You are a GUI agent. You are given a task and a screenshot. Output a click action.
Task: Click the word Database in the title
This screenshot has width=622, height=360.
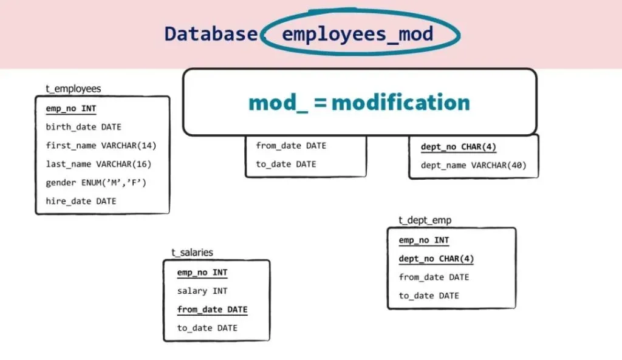click(210, 33)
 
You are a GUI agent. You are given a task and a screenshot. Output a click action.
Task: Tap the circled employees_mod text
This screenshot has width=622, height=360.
click(357, 33)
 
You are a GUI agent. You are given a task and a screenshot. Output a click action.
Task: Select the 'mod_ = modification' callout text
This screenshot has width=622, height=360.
click(359, 102)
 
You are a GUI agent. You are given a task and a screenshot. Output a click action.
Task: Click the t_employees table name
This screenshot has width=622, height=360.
click(73, 89)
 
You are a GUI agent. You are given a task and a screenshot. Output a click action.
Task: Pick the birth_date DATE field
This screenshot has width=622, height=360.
click(83, 127)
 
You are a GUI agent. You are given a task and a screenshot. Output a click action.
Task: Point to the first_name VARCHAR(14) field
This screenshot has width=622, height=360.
click(101, 145)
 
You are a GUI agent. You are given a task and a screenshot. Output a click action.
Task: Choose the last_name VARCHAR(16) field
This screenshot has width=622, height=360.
click(98, 164)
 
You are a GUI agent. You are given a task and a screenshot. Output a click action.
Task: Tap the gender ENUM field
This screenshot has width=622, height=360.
click(96, 182)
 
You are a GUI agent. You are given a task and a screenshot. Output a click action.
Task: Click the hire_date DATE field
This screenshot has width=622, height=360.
click(81, 201)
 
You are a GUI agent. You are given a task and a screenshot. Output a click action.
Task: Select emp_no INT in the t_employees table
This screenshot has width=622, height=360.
click(70, 109)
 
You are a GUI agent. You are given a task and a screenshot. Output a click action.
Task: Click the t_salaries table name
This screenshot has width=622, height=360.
click(192, 253)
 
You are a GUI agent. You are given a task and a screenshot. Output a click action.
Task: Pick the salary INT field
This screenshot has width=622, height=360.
click(202, 291)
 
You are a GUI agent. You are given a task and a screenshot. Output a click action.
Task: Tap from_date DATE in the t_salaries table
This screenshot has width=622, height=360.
click(212, 310)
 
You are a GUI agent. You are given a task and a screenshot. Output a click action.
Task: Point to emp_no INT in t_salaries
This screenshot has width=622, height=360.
click(202, 273)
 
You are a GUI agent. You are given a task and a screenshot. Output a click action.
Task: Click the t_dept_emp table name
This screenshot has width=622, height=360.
click(425, 220)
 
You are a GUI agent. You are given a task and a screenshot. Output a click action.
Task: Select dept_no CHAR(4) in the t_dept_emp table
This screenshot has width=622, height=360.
click(436, 259)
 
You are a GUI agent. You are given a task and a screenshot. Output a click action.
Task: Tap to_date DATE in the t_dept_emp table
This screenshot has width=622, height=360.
click(429, 296)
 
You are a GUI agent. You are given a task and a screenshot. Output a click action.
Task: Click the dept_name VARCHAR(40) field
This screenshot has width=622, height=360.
click(473, 165)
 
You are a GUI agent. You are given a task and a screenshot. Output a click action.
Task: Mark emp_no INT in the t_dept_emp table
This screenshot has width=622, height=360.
click(424, 240)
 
